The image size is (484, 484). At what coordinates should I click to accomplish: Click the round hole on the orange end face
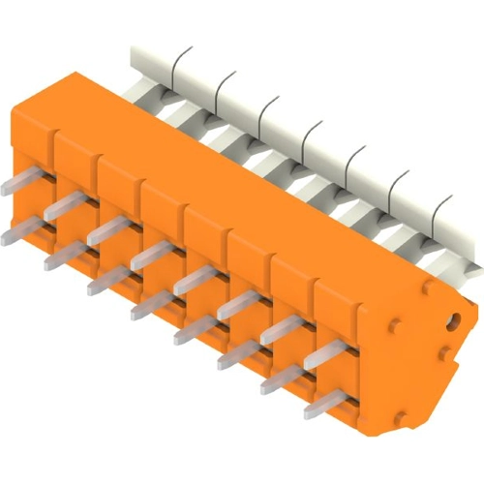(451, 318)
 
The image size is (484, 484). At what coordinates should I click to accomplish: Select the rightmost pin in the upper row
(327, 353)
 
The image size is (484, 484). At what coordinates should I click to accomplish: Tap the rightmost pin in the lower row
(324, 404)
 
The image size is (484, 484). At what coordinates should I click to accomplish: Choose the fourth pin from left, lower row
(152, 306)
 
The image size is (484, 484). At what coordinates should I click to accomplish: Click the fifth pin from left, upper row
(195, 279)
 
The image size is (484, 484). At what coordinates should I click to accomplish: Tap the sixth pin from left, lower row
(238, 355)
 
